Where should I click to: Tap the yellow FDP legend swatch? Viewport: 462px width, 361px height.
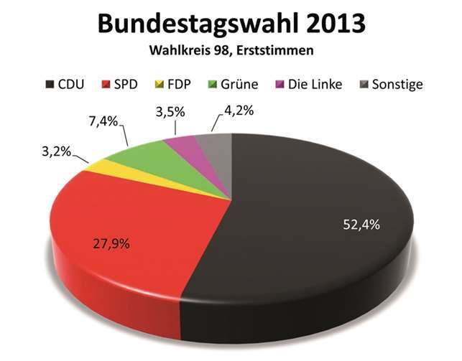coord(153,84)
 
